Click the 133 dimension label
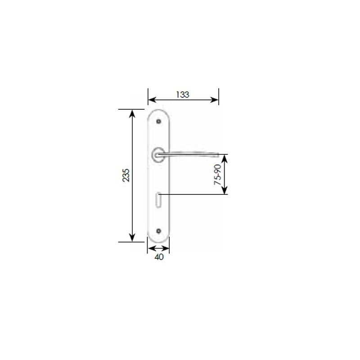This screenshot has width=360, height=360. (x=183, y=94)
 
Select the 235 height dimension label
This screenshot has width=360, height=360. (x=126, y=175)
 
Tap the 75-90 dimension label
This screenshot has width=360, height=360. (x=218, y=175)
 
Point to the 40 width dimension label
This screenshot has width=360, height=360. (x=159, y=257)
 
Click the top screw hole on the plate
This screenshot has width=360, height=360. (x=158, y=121)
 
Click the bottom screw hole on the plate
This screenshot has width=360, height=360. (x=158, y=231)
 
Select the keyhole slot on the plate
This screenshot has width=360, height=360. (x=158, y=200)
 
